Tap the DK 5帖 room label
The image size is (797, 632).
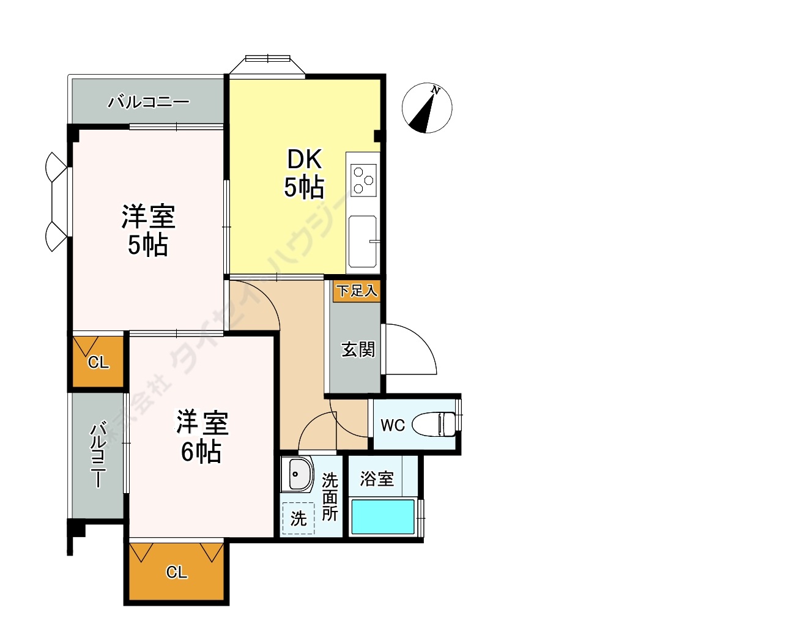[305, 174]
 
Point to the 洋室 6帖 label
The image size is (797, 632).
[201, 437]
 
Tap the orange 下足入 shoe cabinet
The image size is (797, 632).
[357, 290]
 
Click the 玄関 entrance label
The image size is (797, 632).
[358, 349]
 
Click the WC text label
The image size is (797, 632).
[392, 425]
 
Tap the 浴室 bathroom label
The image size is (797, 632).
[377, 478]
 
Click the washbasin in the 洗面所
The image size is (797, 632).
[298, 474]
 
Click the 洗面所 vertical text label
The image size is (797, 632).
[330, 496]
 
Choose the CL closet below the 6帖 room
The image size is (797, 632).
[176, 572]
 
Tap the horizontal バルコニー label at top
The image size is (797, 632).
[149, 102]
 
